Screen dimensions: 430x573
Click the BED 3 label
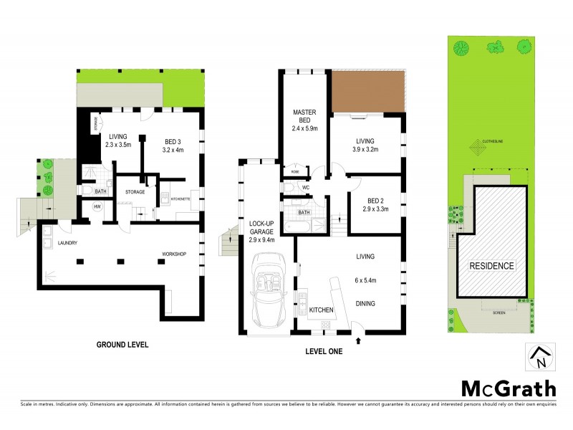point(174,141)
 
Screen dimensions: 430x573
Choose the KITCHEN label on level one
point(322,310)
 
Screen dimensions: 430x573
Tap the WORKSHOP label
point(175,254)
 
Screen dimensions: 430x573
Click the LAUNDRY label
point(67,243)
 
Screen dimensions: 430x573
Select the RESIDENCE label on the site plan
point(491,266)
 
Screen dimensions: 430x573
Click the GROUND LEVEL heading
point(122,345)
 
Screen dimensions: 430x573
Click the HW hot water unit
point(97,208)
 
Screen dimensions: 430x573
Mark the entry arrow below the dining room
point(358,340)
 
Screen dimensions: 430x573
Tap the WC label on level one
point(305,188)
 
